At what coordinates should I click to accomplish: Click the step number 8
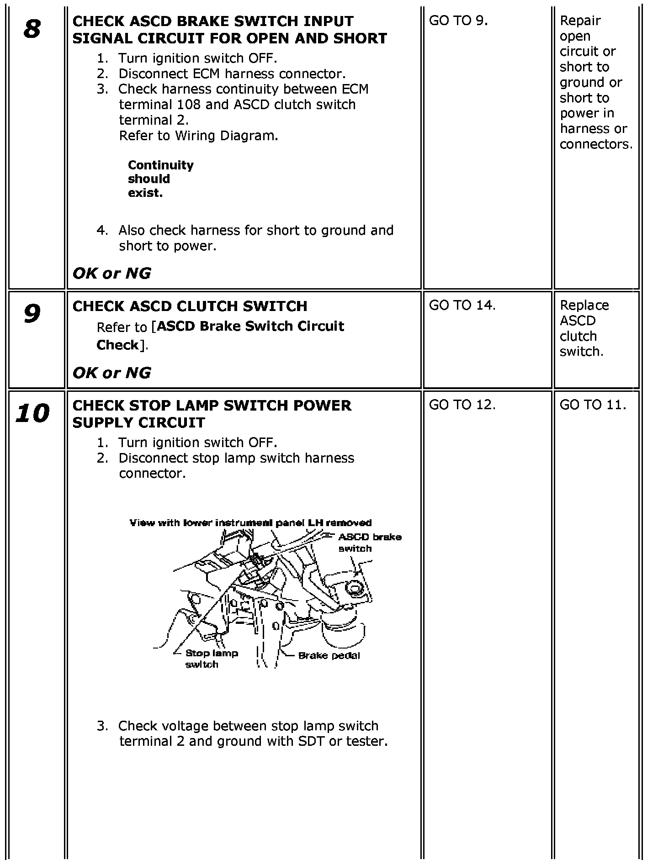[32, 30]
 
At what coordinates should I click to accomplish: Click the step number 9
[32, 315]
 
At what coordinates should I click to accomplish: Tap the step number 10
[32, 414]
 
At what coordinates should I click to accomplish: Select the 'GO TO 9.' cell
[458, 21]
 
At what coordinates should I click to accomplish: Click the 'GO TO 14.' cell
[462, 306]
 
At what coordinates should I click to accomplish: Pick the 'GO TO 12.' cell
[462, 405]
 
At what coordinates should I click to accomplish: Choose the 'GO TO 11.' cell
[593, 405]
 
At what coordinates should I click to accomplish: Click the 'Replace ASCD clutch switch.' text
[584, 328]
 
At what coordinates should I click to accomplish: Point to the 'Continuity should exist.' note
[160, 179]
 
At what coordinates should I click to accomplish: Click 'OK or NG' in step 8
[111, 274]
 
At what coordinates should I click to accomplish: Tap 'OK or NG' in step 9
[111, 373]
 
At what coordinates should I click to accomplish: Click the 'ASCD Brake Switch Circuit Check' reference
[220, 335]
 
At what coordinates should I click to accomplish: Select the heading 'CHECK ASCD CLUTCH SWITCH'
[190, 306]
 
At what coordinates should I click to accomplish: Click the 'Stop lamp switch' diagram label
[211, 659]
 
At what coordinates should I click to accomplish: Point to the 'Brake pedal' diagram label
[329, 656]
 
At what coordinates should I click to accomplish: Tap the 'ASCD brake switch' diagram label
[369, 543]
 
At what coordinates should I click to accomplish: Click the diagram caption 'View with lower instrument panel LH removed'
[250, 523]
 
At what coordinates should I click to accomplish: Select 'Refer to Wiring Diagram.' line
[198, 136]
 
